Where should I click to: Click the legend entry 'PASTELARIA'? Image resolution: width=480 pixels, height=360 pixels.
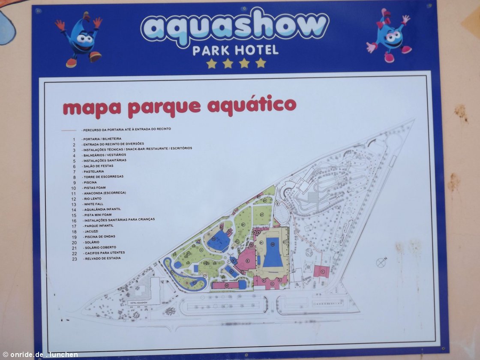click(x=95, y=171)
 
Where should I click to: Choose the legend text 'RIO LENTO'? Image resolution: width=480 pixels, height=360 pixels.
click(x=94, y=198)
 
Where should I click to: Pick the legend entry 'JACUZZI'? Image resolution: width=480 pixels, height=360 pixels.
click(x=92, y=231)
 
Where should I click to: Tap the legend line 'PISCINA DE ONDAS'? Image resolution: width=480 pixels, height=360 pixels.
click(x=100, y=237)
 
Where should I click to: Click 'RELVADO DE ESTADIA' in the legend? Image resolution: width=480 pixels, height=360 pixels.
click(x=102, y=258)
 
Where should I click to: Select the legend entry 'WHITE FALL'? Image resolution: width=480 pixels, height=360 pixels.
click(x=94, y=204)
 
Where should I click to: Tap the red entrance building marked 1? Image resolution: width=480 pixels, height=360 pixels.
click(x=322, y=271)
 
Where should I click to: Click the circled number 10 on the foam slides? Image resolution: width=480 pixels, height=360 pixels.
click(x=226, y=285)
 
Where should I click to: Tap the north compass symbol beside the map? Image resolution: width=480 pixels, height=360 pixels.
click(x=380, y=262)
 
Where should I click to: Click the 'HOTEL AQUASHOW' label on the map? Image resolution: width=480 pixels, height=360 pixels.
click(x=138, y=303)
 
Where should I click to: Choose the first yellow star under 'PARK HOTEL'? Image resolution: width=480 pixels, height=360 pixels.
click(x=211, y=63)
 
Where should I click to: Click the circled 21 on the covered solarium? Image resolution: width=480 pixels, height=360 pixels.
click(x=284, y=242)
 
